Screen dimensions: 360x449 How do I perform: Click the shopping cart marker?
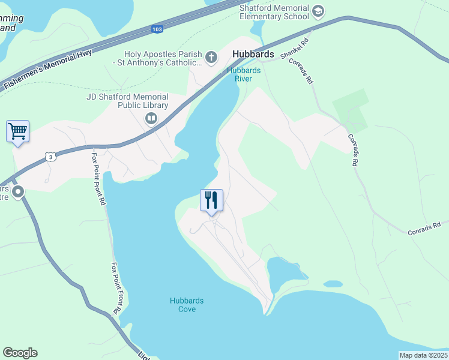pos(17,131)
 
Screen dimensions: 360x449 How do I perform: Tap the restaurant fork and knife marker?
pos(211,200)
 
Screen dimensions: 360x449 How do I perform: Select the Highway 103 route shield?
pos(157,29)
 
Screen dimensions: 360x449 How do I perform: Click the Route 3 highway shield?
pos(51,157)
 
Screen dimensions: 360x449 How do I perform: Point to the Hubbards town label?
pos(253,55)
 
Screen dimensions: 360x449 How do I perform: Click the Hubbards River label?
pos(243,74)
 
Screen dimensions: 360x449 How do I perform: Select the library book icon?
pos(151,118)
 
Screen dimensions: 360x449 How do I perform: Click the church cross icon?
pos(211,58)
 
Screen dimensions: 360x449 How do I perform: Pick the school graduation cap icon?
pos(318,10)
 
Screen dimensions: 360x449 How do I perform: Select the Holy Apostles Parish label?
pos(160,58)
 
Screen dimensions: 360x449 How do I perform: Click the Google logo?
pos(20,353)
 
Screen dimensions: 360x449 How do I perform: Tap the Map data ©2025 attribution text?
pos(423,355)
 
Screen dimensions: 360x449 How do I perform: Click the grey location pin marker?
pos(17,193)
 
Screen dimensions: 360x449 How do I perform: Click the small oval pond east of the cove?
pos(333,284)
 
